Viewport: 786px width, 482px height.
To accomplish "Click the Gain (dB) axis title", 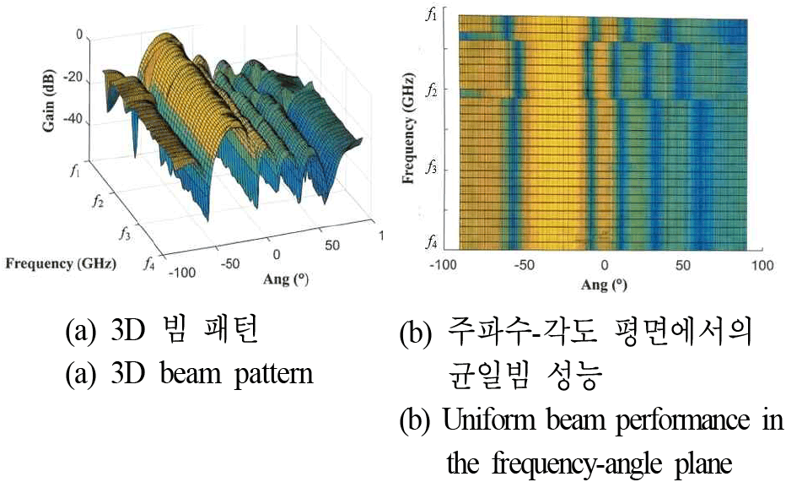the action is (49, 100).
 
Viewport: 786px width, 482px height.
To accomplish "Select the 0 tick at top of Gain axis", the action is (79, 35).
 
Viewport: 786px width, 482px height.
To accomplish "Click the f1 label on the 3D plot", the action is (76, 171).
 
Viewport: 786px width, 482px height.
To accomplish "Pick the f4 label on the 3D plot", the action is (148, 263).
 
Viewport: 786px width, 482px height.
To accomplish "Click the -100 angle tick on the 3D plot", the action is (182, 273).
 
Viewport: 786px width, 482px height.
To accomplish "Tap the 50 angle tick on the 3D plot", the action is (331, 246).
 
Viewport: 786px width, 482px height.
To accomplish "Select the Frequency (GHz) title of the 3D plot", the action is (61, 264).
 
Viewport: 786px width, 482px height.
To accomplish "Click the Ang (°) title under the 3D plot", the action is (286, 279).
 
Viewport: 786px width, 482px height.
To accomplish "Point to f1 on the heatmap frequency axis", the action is (431, 14).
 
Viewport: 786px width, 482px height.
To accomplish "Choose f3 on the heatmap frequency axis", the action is (431, 167).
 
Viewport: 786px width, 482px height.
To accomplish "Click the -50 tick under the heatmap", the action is (524, 264).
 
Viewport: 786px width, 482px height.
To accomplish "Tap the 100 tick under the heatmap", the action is (762, 265).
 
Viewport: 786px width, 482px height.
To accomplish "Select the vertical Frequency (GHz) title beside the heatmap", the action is (408, 128).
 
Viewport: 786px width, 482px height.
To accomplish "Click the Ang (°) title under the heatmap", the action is (604, 284).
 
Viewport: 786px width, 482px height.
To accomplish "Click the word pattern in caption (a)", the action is (274, 374).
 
